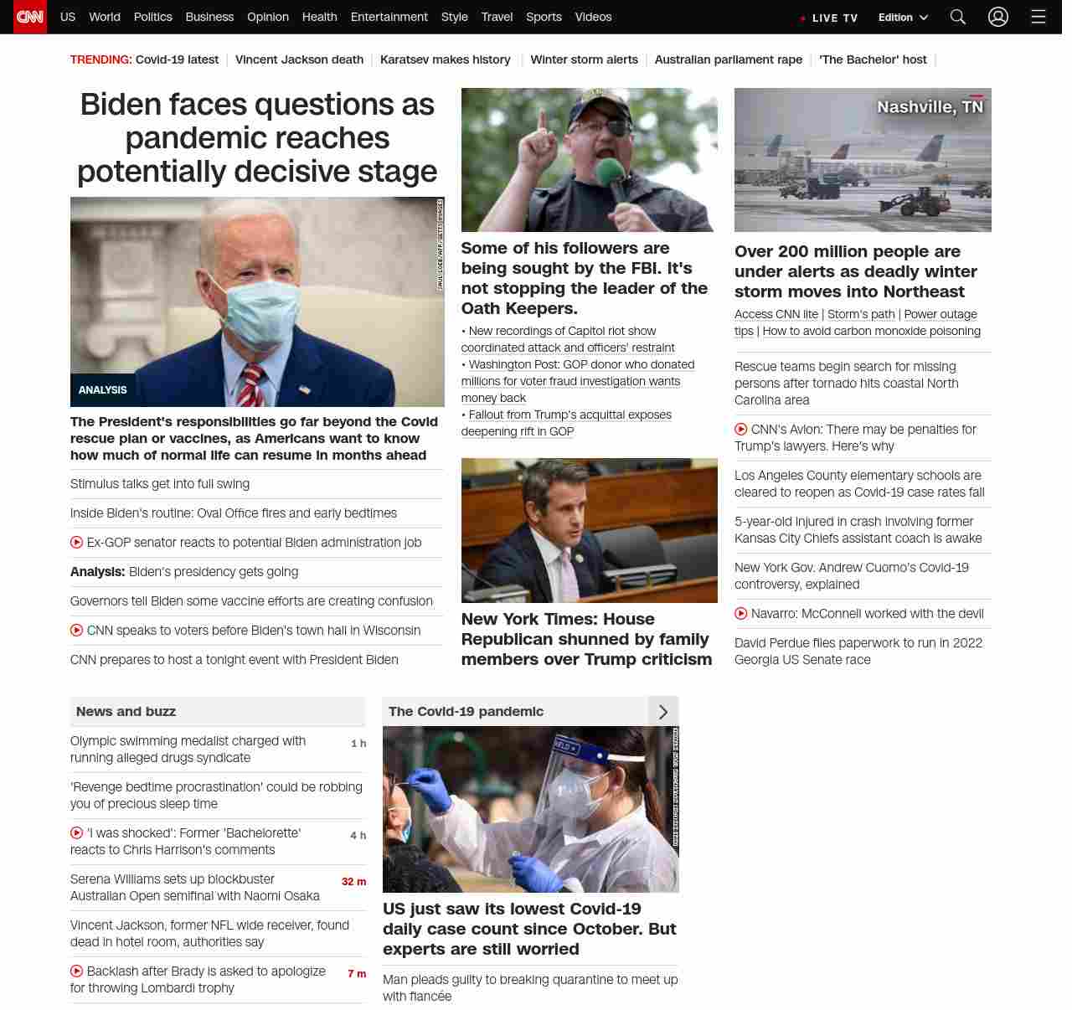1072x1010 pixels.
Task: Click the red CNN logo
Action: (30, 17)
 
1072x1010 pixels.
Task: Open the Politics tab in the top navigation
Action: (152, 17)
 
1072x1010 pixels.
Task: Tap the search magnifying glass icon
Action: (958, 17)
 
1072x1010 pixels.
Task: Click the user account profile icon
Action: (997, 17)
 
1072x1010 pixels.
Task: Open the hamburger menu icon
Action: (1038, 17)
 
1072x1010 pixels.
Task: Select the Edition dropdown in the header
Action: (903, 18)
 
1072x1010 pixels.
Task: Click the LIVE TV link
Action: (830, 18)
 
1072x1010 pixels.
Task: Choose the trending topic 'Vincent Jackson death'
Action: (299, 59)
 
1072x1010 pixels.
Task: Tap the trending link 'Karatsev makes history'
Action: (445, 59)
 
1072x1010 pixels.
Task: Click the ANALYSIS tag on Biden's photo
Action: (103, 390)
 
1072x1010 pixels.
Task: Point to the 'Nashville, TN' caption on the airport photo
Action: (930, 107)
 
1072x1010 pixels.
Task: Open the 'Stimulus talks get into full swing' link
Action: (160, 484)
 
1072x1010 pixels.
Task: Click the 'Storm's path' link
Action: (861, 314)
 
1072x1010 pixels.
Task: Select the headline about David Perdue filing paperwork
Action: (858, 651)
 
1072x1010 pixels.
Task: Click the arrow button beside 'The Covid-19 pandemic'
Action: (663, 712)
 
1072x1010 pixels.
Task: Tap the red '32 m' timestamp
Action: (353, 882)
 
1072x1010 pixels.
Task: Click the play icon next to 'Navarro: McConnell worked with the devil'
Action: (741, 614)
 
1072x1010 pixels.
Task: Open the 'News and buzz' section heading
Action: (126, 712)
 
